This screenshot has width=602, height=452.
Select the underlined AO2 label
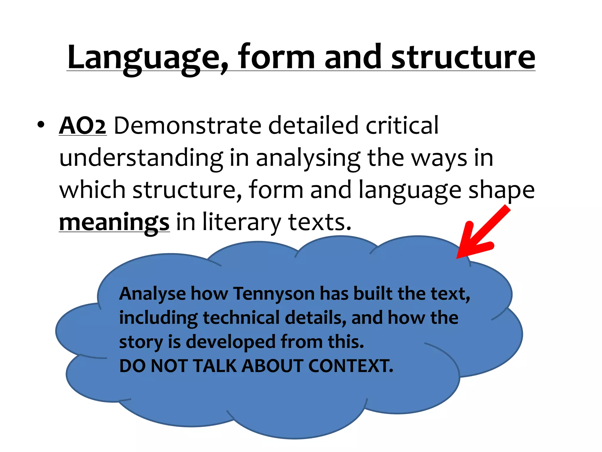click(83, 126)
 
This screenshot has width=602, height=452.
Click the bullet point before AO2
click(41, 125)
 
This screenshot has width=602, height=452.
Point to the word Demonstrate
click(187, 126)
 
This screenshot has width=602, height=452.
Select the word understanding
click(141, 159)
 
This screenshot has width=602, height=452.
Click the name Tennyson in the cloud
click(274, 294)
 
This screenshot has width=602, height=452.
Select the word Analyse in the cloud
click(152, 294)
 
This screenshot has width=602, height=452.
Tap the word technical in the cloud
click(241, 318)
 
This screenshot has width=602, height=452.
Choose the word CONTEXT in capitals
click(350, 366)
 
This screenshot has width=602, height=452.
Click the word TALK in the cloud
click(215, 366)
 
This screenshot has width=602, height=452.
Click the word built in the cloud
click(373, 294)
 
